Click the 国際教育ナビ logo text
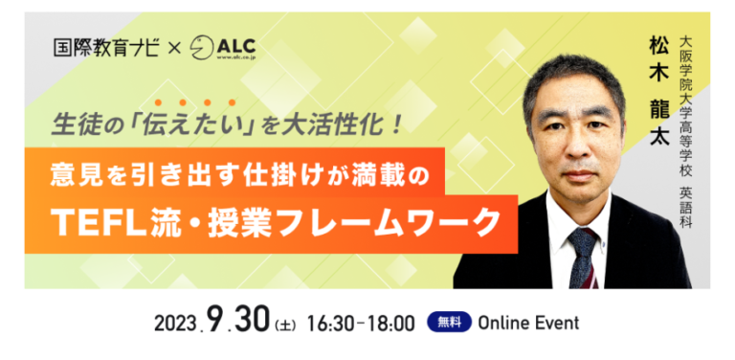[106, 48]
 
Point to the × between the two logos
[174, 49]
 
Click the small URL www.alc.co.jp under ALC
[236, 56]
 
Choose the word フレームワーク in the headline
[404, 222]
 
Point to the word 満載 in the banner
[378, 176]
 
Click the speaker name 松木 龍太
[660, 93]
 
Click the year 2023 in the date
[174, 323]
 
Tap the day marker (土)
[284, 325]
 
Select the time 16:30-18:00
[362, 323]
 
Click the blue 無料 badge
[449, 322]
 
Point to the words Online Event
[528, 323]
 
